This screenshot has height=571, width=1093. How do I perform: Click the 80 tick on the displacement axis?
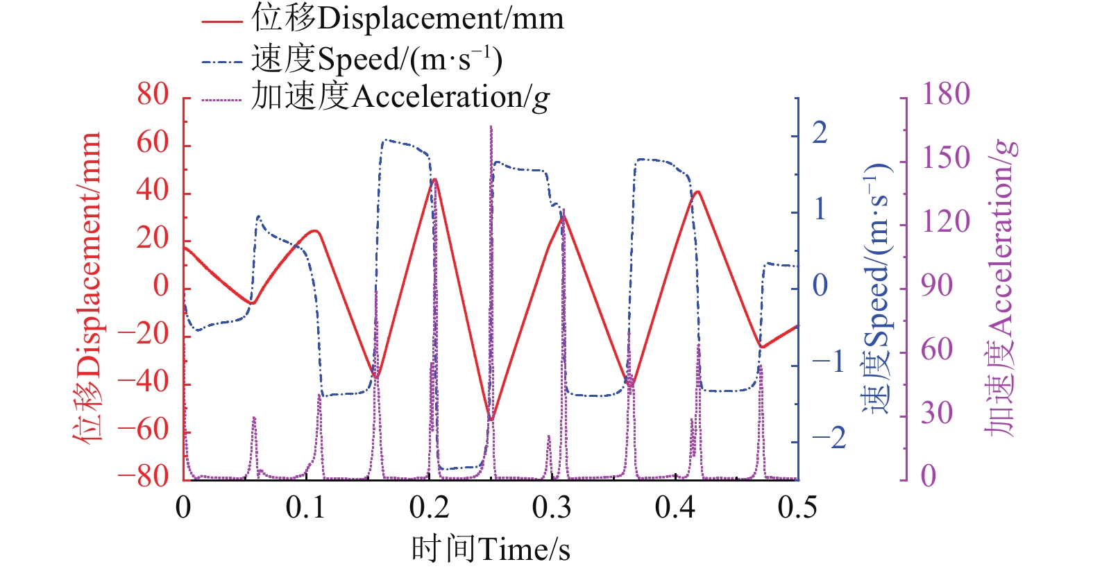(x=153, y=95)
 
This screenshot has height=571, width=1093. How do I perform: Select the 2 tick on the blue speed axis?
(x=820, y=133)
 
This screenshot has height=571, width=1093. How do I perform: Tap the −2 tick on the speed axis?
(x=829, y=438)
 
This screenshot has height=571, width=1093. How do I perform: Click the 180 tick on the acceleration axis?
(x=945, y=95)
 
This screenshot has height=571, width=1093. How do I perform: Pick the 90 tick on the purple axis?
(x=937, y=286)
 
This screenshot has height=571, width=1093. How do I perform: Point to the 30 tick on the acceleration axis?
(x=937, y=414)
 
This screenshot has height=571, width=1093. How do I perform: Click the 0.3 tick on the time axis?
(x=552, y=508)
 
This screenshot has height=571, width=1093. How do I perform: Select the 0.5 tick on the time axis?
(x=797, y=508)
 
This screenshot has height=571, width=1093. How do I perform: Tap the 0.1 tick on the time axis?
(x=306, y=508)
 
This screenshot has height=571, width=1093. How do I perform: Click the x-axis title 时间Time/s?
(x=490, y=549)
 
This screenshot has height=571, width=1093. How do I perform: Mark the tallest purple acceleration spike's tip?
(x=491, y=127)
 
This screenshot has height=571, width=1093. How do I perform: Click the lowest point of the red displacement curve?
(x=491, y=420)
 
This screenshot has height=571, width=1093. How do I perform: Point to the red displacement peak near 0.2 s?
(x=434, y=179)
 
